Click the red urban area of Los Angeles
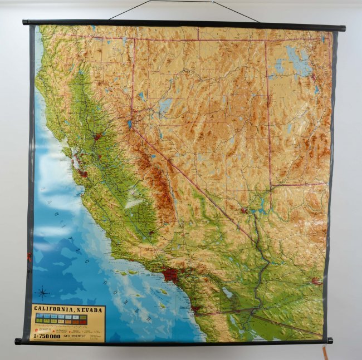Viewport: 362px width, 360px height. click(x=170, y=274)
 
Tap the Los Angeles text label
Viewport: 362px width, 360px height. click(x=154, y=274)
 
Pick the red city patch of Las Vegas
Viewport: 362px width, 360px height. click(x=243, y=210)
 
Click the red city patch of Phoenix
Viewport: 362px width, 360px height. click(x=316, y=281)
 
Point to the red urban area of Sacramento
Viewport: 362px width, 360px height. click(x=98, y=136)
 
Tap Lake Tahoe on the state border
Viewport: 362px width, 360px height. click(x=129, y=124)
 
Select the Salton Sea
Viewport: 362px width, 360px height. click(x=227, y=292)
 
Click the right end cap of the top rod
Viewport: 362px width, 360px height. click(x=341, y=27)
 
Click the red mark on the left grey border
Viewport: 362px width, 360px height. click(x=30, y=257)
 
